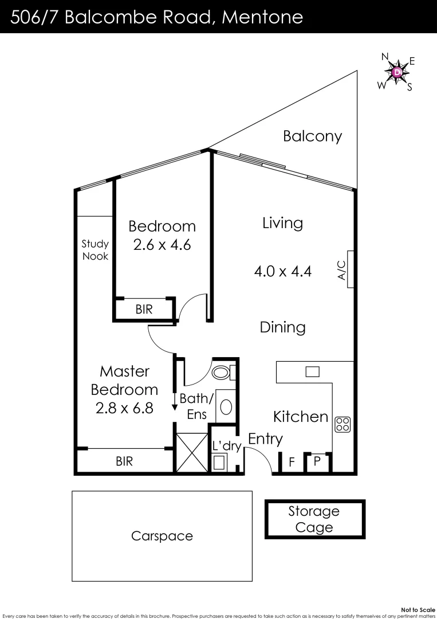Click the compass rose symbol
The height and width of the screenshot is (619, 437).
click(x=396, y=72)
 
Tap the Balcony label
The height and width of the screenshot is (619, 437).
click(x=312, y=136)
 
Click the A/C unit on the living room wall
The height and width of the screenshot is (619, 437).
click(x=349, y=269)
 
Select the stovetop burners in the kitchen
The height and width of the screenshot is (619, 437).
click(x=342, y=424)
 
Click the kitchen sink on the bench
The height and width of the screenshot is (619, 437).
click(x=312, y=372)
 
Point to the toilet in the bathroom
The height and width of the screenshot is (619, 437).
click(x=221, y=373)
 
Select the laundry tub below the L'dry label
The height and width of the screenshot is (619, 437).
click(x=220, y=463)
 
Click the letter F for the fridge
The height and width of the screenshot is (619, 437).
click(x=292, y=462)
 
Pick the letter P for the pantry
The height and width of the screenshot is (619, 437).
click(x=317, y=461)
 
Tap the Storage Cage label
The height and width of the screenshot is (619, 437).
click(x=314, y=519)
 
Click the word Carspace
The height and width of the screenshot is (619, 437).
click(x=162, y=536)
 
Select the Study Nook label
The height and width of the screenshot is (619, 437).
click(x=95, y=250)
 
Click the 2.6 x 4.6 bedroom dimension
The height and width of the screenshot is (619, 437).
click(x=162, y=245)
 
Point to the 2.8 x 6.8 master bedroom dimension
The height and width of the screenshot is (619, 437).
click(x=124, y=409)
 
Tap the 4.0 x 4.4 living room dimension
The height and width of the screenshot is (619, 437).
click(x=282, y=271)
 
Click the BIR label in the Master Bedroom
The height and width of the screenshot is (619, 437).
click(x=124, y=461)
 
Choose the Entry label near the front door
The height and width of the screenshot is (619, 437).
click(x=265, y=440)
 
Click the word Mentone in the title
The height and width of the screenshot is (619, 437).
click(x=262, y=17)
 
